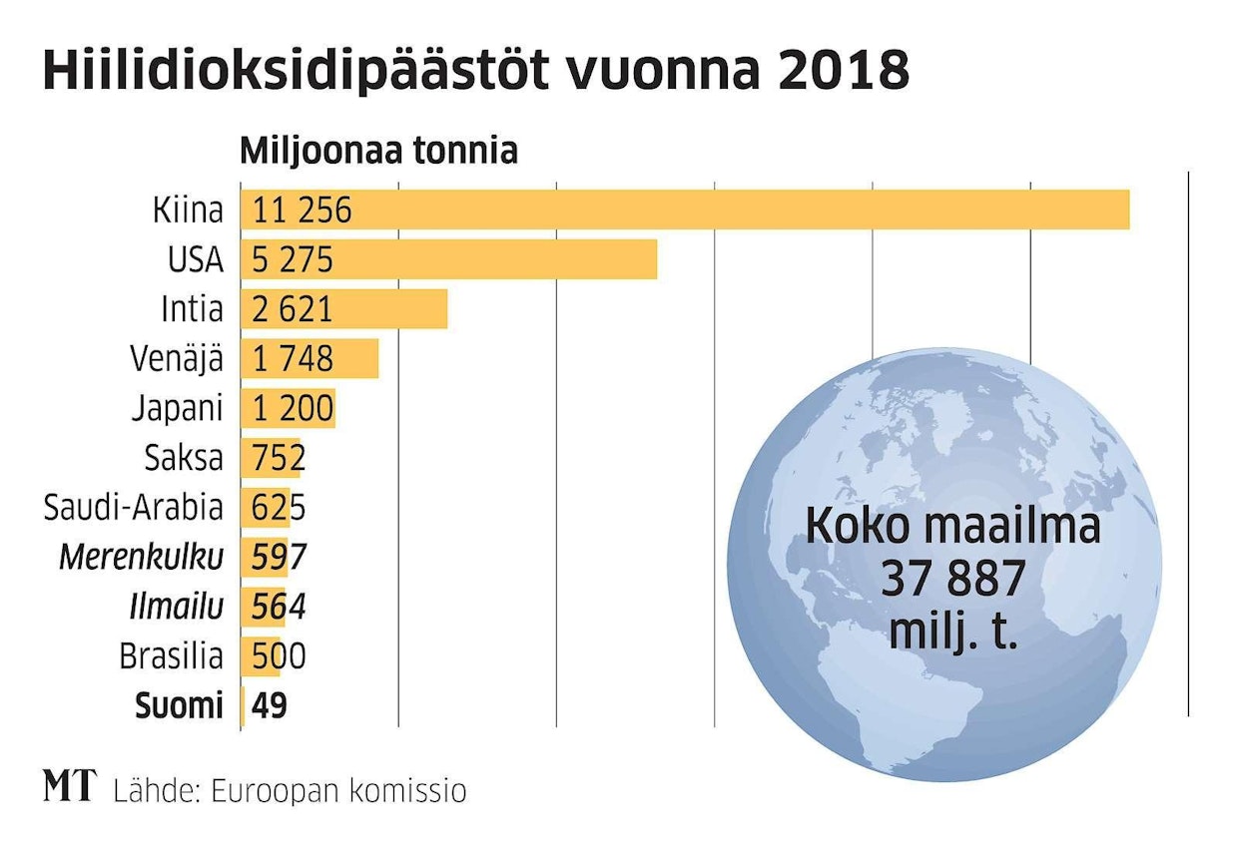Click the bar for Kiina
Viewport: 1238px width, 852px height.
[685, 210]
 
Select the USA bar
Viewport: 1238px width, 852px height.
[449, 259]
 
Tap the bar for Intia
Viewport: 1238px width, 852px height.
[344, 309]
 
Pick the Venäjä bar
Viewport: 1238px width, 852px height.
[309, 358]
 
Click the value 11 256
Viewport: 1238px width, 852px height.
[303, 211]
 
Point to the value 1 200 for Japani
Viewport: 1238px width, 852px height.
[294, 408]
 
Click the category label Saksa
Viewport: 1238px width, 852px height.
[184, 458]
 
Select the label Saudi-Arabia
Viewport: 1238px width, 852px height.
[133, 508]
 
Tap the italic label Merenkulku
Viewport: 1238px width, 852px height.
[141, 557]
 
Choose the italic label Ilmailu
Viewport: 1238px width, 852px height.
[176, 607]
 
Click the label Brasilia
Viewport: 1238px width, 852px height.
[171, 656]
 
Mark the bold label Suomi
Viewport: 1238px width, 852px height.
[179, 706]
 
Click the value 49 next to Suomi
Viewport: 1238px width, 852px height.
[270, 706]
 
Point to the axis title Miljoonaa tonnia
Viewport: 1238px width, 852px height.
[378, 152]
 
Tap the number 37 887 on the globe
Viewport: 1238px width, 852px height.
[952, 579]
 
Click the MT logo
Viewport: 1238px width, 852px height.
[69, 787]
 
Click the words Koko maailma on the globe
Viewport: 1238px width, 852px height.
[952, 526]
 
